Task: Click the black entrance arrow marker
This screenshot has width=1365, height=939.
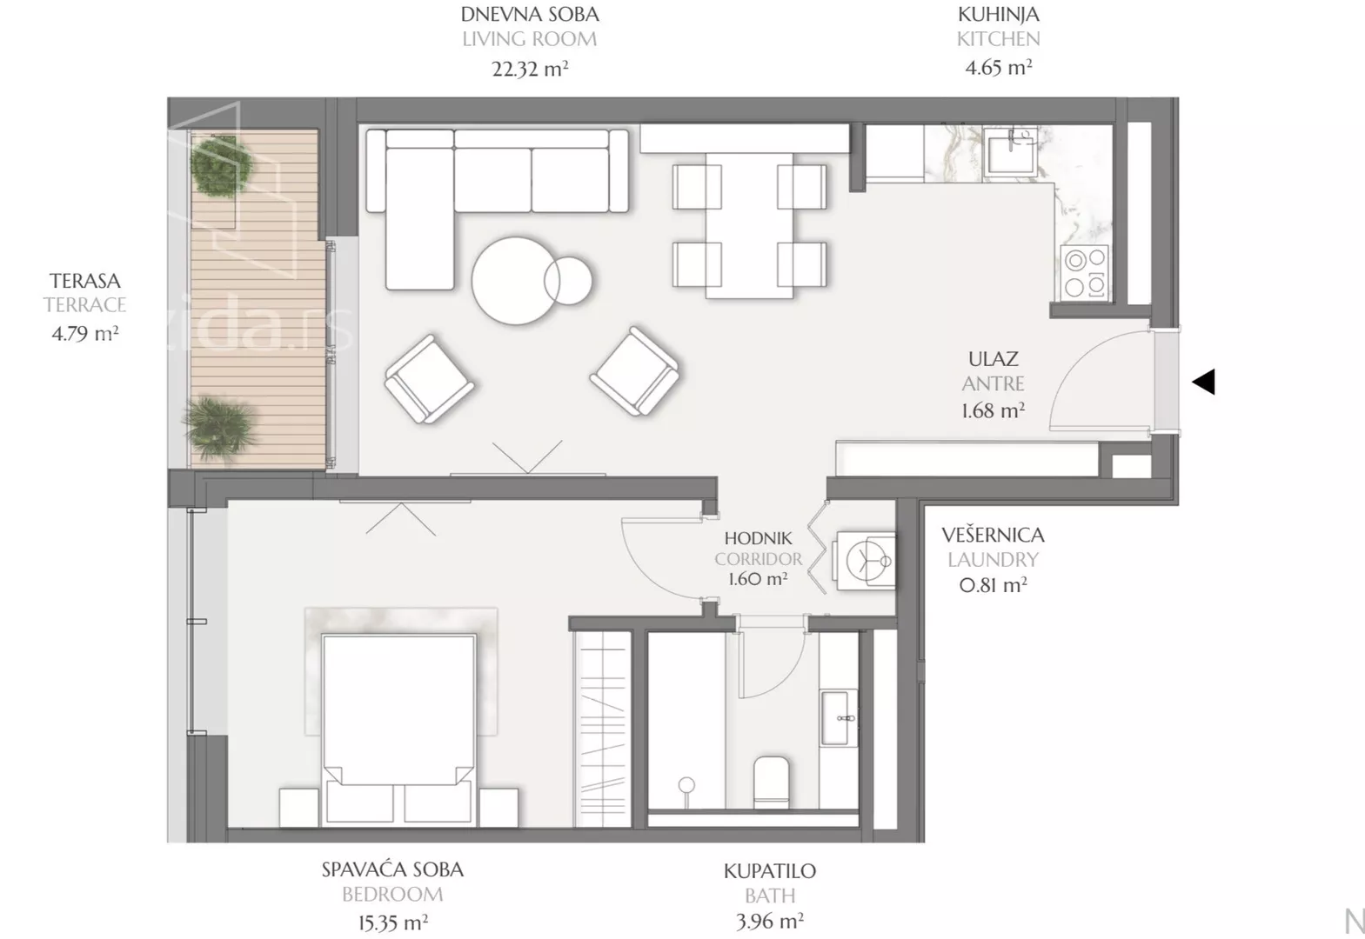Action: (x=1203, y=382)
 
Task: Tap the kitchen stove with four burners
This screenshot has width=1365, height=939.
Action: (x=1085, y=273)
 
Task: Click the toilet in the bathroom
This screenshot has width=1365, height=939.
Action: (x=772, y=782)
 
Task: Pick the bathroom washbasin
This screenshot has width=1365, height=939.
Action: (x=838, y=717)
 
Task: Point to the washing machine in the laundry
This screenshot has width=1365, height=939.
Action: (x=866, y=560)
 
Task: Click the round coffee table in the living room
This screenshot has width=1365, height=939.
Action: (x=517, y=281)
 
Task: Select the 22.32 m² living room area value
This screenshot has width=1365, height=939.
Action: (x=530, y=68)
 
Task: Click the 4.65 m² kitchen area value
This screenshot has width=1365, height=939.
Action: (x=998, y=67)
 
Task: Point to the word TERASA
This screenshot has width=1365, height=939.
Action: (x=85, y=281)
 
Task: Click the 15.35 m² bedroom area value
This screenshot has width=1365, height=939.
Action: (x=392, y=923)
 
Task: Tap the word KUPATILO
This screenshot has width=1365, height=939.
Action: (x=770, y=871)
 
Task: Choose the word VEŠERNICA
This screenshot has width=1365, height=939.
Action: (x=993, y=535)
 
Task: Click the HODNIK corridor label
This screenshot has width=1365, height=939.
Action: (x=758, y=538)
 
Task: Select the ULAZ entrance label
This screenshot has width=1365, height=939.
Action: (x=994, y=359)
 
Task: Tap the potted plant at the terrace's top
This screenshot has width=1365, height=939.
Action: (x=221, y=164)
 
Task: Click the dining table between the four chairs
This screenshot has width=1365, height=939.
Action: (x=750, y=225)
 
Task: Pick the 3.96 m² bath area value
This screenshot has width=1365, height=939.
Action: (x=770, y=922)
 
